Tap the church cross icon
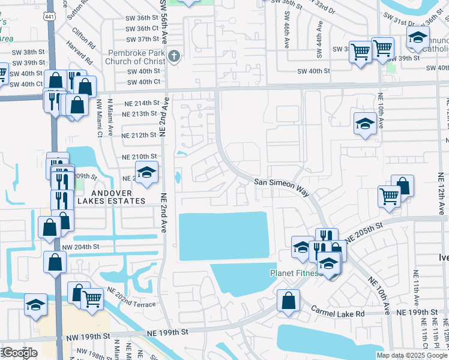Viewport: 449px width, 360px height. [x=173, y=57]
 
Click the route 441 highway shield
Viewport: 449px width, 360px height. [x=50, y=19]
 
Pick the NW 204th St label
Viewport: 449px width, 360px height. [x=80, y=247]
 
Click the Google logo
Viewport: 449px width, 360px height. [x=20, y=353]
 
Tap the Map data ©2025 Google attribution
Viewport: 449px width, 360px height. [x=411, y=355]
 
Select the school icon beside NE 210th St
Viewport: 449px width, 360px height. [x=146, y=173]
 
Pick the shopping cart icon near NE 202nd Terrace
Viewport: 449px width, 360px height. [x=91, y=298]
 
